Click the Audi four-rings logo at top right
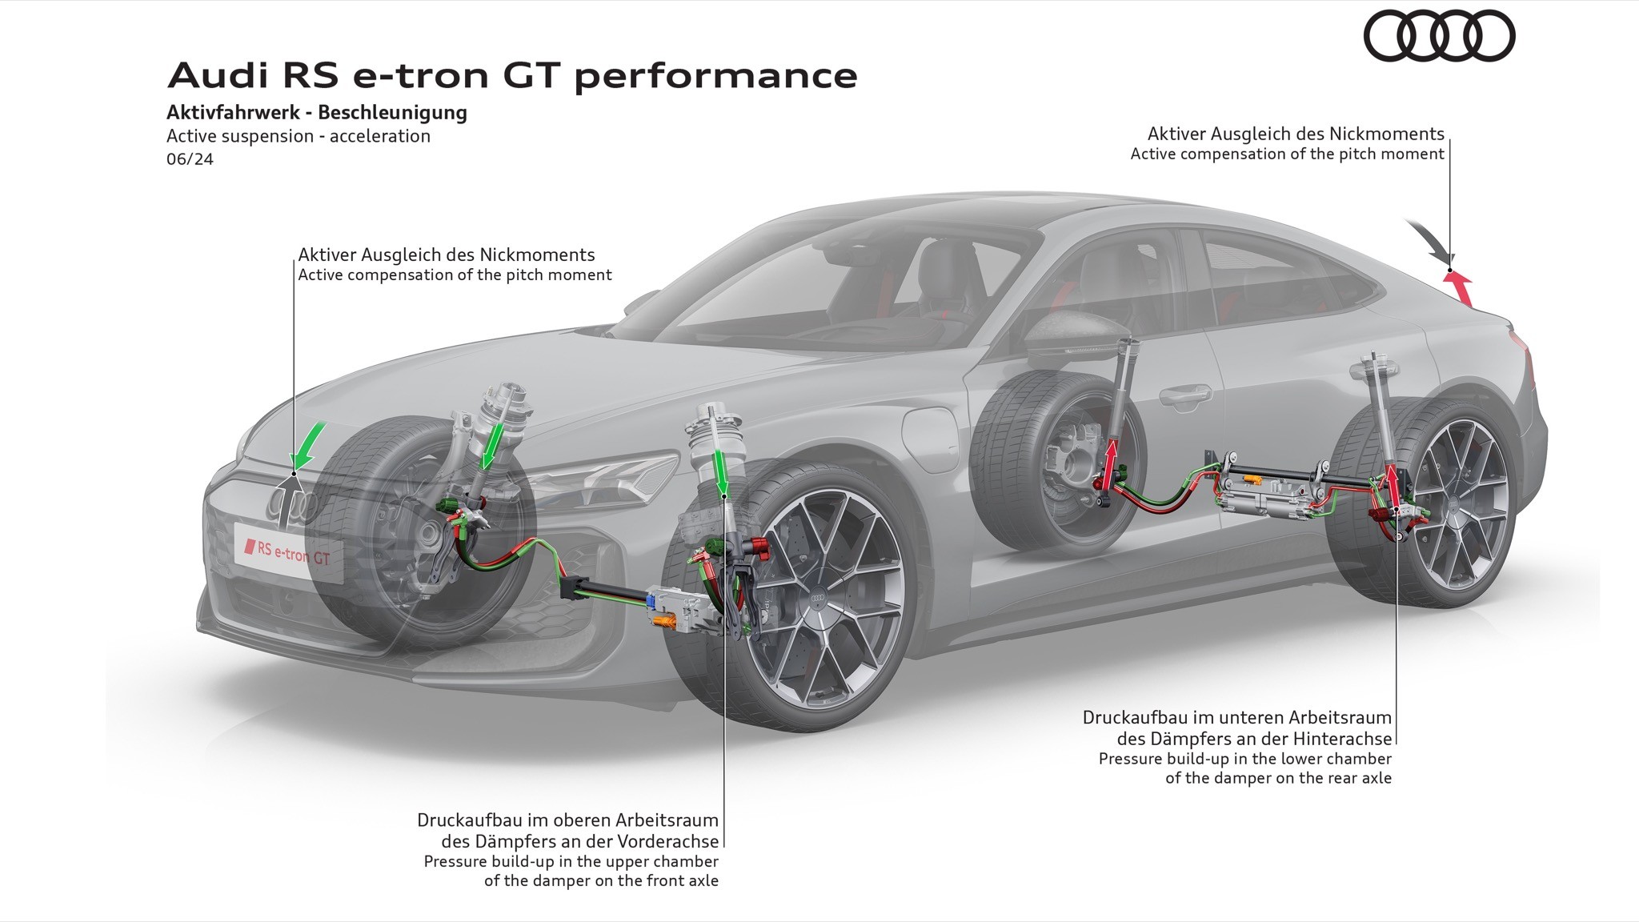pos(1439,36)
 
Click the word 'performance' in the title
pos(715,75)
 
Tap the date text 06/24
pos(190,158)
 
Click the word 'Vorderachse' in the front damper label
pos(668,841)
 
